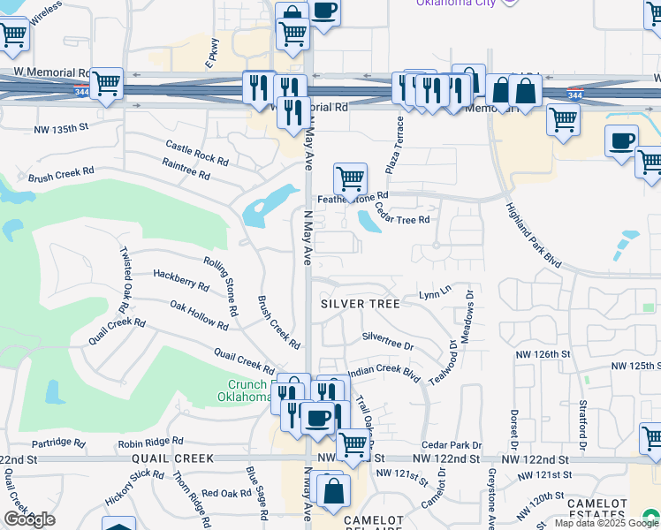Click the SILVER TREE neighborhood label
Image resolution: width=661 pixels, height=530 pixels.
360,303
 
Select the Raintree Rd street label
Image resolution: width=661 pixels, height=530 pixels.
186,169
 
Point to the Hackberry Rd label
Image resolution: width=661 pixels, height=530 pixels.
180,281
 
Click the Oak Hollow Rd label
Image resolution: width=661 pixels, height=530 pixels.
199,315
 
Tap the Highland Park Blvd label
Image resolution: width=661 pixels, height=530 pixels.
534,234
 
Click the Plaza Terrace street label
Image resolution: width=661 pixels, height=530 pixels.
394,144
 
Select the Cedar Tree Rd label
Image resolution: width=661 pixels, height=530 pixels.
401,213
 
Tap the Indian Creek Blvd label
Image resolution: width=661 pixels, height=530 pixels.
382,373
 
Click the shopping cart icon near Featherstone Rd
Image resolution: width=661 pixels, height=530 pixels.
350,178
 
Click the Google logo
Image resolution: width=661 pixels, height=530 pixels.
29,519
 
